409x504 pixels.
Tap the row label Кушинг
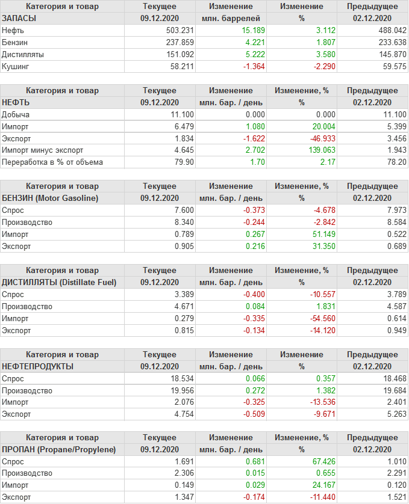click(16, 66)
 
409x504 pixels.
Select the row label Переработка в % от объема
click(52, 162)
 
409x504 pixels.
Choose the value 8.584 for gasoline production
click(394, 222)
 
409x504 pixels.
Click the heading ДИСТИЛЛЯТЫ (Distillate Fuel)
click(59, 282)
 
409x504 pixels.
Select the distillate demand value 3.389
click(182, 294)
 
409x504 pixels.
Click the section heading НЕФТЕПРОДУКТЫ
click(38, 366)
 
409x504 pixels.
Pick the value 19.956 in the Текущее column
click(180, 390)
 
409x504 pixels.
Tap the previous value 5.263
click(394, 414)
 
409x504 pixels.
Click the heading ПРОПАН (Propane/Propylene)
click(58, 449)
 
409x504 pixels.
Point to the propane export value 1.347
click(182, 497)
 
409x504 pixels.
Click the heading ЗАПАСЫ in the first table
click(19, 18)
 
